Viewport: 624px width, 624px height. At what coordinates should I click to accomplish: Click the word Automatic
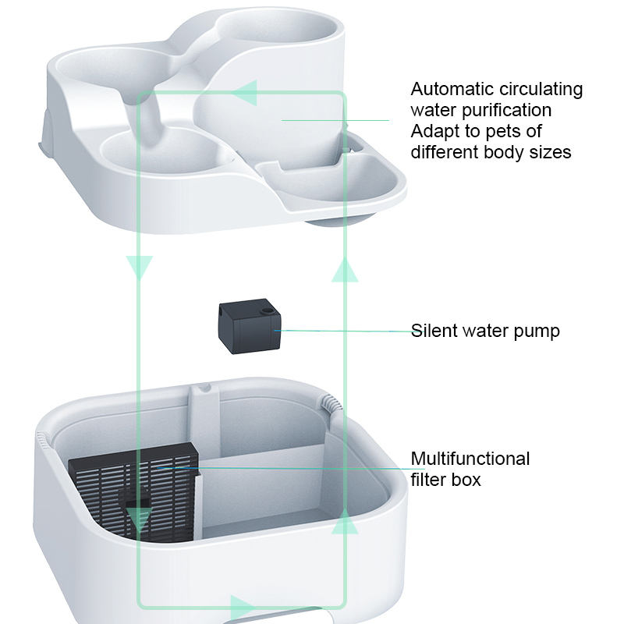pyautogui.click(x=453, y=89)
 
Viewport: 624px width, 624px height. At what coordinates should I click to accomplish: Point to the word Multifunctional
pyautogui.click(x=470, y=459)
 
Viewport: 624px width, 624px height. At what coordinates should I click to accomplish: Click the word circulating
pyautogui.click(x=542, y=89)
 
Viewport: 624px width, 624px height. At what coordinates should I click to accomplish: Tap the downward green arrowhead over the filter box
pyautogui.click(x=140, y=518)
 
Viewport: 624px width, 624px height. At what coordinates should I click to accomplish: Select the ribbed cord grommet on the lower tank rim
pyautogui.click(x=331, y=405)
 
